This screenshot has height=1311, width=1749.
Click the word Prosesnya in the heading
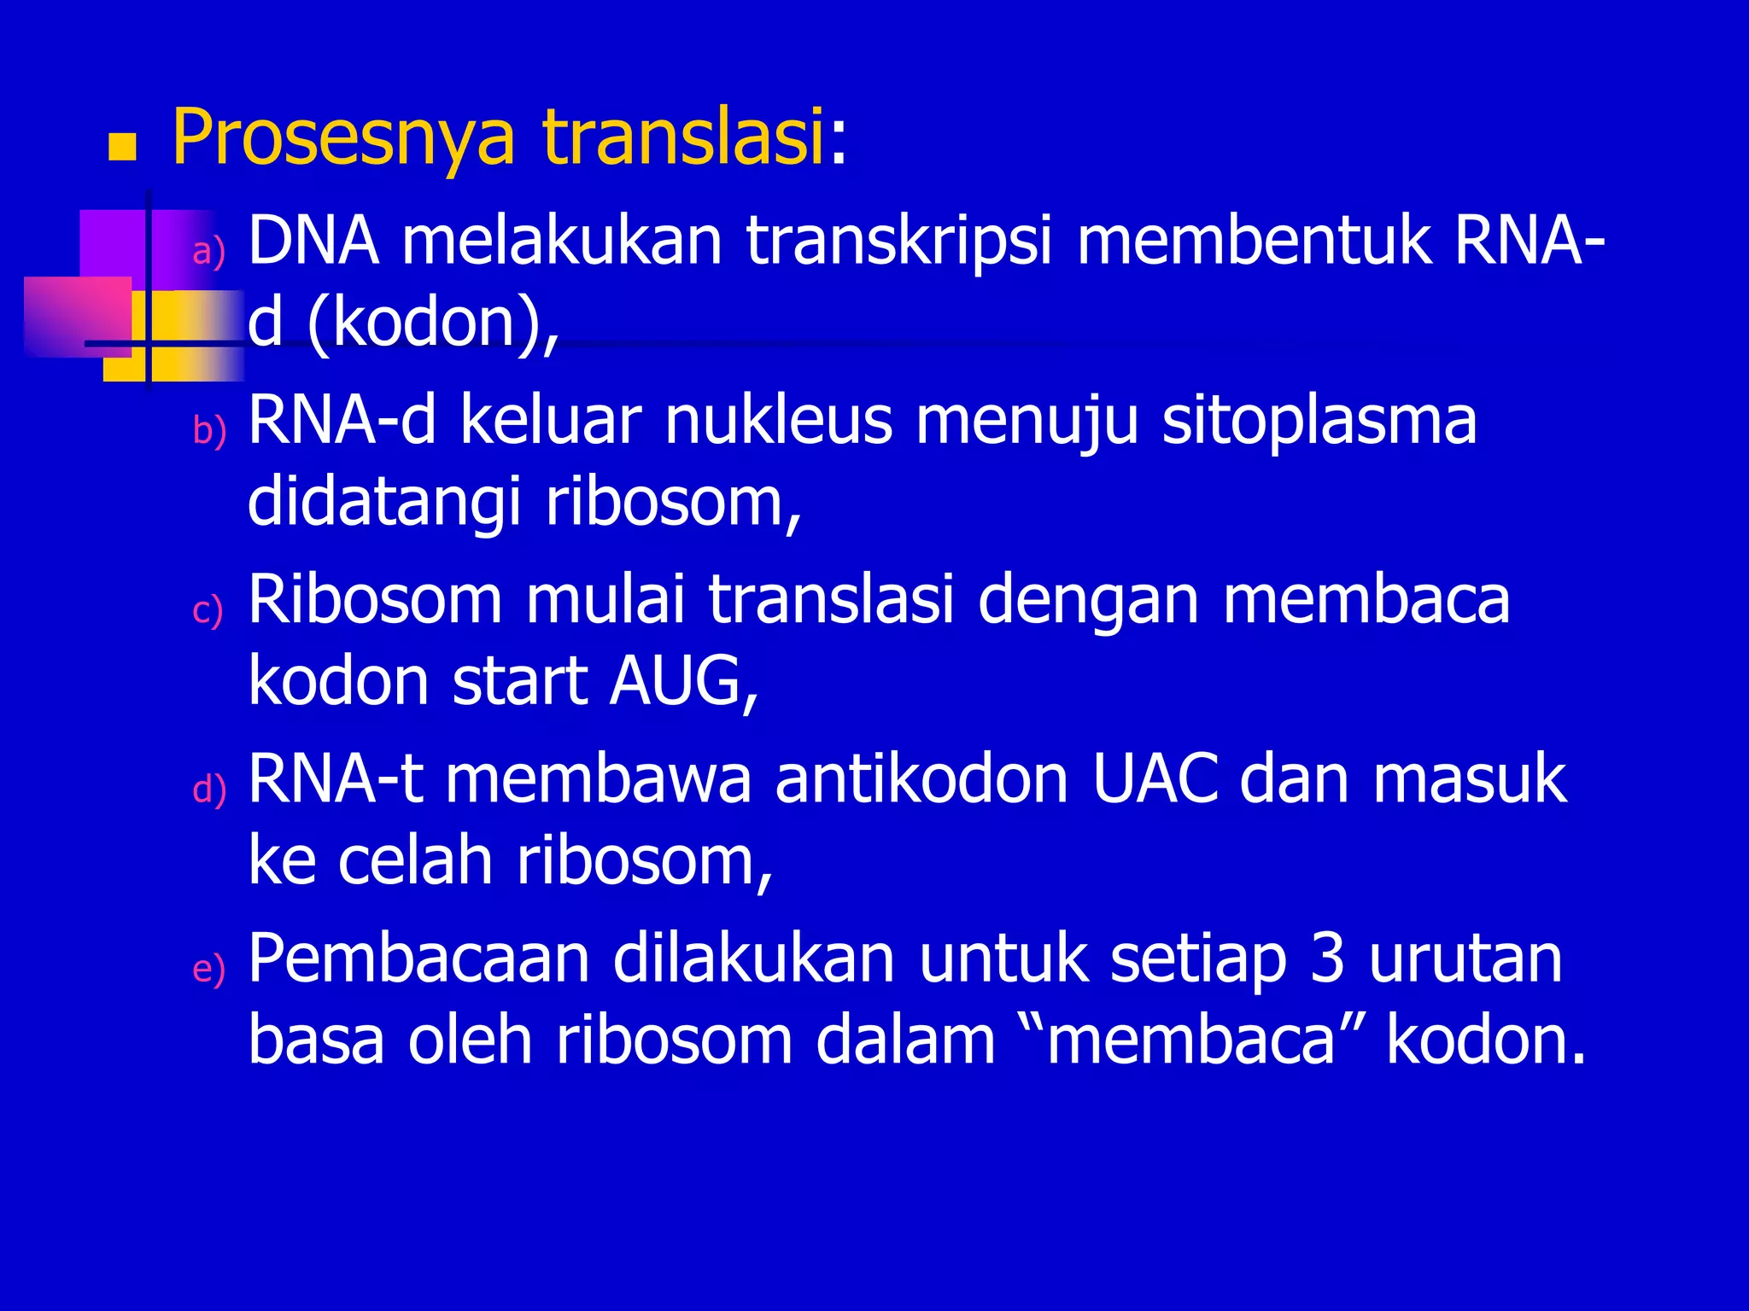click(343, 138)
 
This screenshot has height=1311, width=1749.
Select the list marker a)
click(209, 252)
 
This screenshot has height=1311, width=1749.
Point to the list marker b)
click(209, 430)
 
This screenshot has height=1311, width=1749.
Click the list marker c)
click(208, 611)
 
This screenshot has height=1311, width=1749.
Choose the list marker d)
click(209, 790)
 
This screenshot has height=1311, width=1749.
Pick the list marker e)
click(209, 970)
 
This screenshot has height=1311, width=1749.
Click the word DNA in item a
click(313, 242)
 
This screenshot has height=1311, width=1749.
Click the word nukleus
click(778, 421)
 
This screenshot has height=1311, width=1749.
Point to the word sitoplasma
click(1319, 421)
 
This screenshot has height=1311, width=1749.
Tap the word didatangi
click(384, 504)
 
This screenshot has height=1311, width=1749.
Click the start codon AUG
click(682, 682)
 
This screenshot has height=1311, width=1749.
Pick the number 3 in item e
click(1327, 958)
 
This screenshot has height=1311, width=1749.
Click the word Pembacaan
click(418, 958)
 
